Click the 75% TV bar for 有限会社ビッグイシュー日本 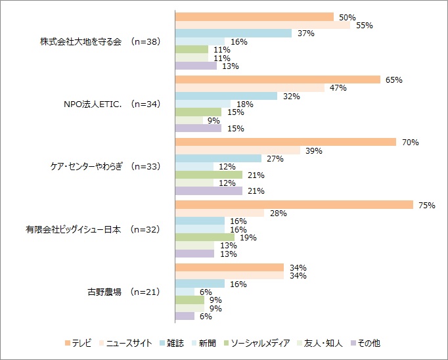[x=294, y=205]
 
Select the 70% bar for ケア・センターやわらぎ [x=286, y=142]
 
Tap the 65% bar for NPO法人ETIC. [x=278, y=79]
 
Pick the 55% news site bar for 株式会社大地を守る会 [x=263, y=25]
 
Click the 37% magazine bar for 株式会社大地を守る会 [x=233, y=33]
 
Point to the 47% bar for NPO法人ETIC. [x=250, y=87]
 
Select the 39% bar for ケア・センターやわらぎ [x=237, y=150]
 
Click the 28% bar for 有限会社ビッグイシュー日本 [x=219, y=213]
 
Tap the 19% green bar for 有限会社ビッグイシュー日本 [x=204, y=236]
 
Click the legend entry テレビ [x=82, y=342]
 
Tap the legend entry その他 [x=369, y=342]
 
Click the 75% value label [x=426, y=205]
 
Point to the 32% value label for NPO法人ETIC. [x=292, y=96]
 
